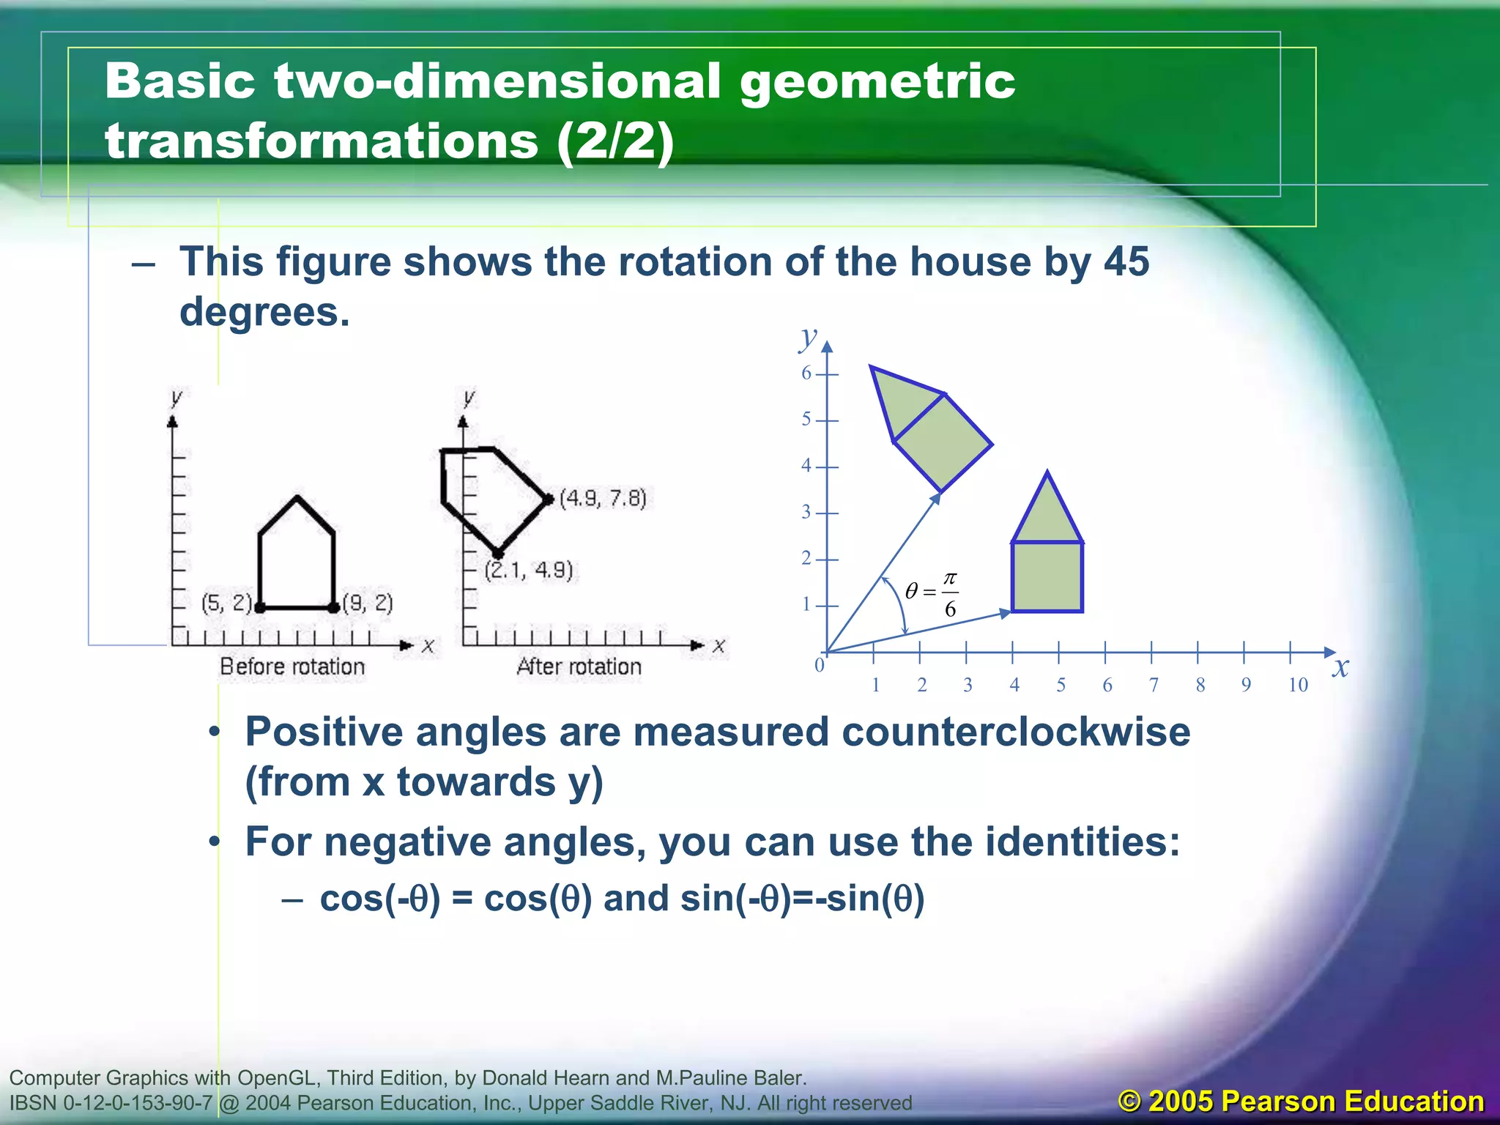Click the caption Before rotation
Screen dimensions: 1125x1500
[x=292, y=667]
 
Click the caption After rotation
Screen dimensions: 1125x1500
[x=579, y=667]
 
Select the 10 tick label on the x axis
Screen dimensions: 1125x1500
[x=1298, y=686]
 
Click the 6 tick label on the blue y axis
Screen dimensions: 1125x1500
[x=806, y=374]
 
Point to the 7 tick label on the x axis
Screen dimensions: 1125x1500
[x=1154, y=686]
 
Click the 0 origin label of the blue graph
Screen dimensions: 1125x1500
[x=820, y=665]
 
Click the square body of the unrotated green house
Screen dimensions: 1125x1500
[x=1047, y=577]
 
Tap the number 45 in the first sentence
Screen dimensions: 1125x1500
[x=1126, y=261]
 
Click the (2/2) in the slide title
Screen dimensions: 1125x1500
[x=615, y=141]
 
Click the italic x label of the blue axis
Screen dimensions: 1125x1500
[x=1340, y=667]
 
